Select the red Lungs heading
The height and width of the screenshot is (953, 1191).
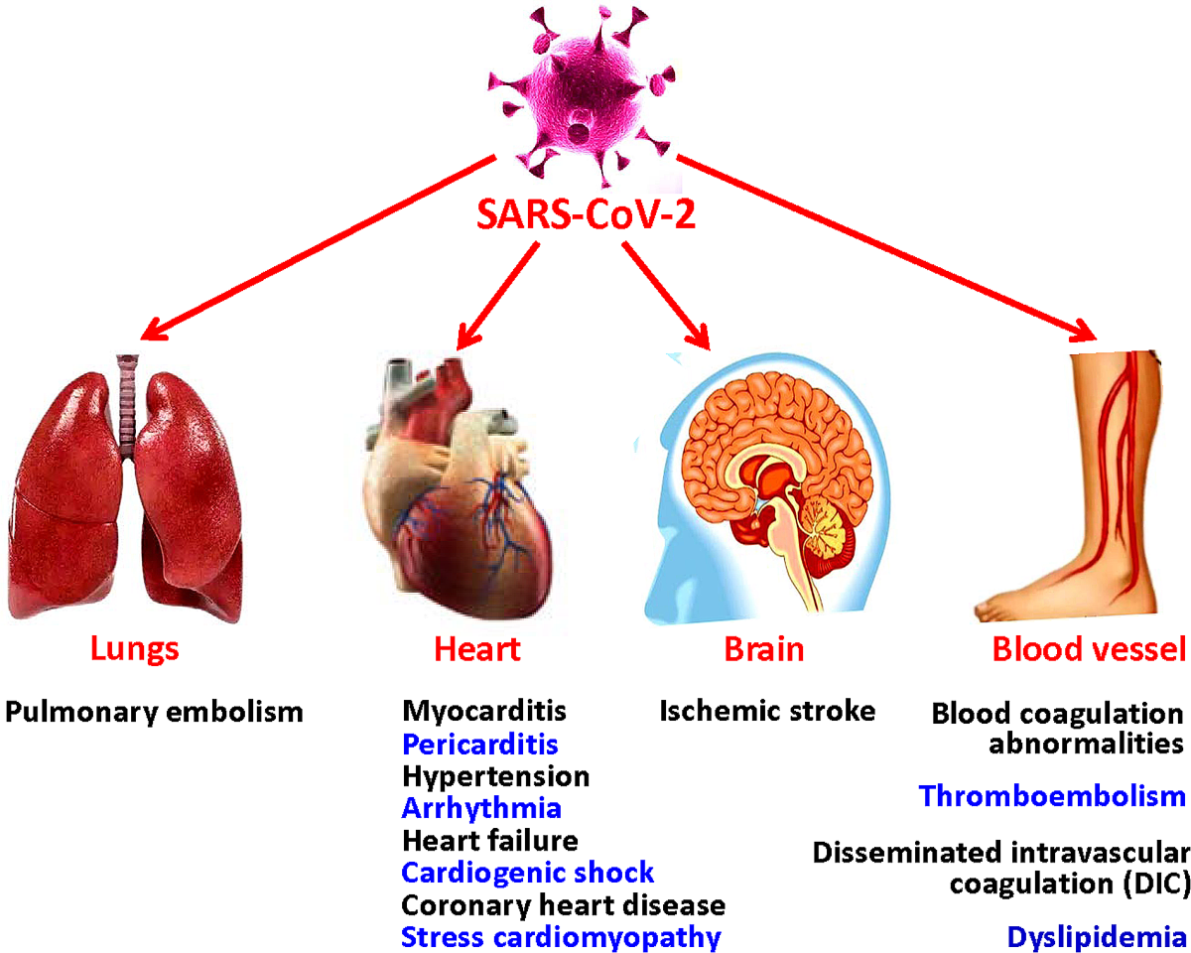[x=135, y=650]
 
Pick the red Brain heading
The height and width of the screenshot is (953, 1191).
[x=763, y=650]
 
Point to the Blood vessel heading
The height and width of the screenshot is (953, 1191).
[x=1089, y=650]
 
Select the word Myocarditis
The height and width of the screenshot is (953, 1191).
[x=484, y=711]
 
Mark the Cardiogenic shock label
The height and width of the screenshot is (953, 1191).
[x=528, y=873]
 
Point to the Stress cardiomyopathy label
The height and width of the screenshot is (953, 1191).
[x=560, y=937]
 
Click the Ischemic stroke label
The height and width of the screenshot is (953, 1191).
[x=767, y=711]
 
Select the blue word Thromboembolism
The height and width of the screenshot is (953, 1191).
[x=1052, y=796]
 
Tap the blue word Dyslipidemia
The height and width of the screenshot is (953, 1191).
[x=1097, y=937]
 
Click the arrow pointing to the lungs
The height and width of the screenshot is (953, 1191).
[x=318, y=248]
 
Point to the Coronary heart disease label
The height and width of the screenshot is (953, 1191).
[x=563, y=905]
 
